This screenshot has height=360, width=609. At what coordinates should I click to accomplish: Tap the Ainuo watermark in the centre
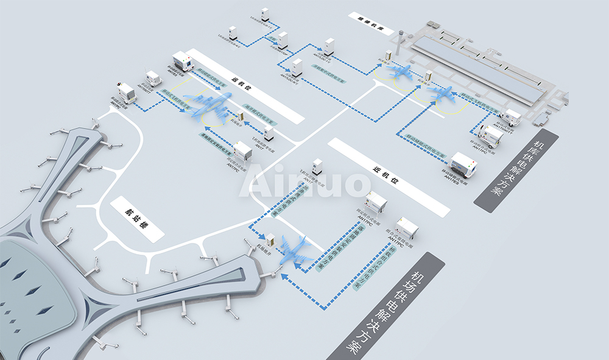pos(304,181)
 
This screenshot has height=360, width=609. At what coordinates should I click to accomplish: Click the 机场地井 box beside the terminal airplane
pos(270,241)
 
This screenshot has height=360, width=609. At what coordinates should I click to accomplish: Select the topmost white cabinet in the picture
pos(264,15)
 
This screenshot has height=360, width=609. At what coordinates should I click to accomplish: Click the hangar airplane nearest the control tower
pos(403,72)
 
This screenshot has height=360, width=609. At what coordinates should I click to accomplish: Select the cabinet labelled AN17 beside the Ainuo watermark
pos(317,166)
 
